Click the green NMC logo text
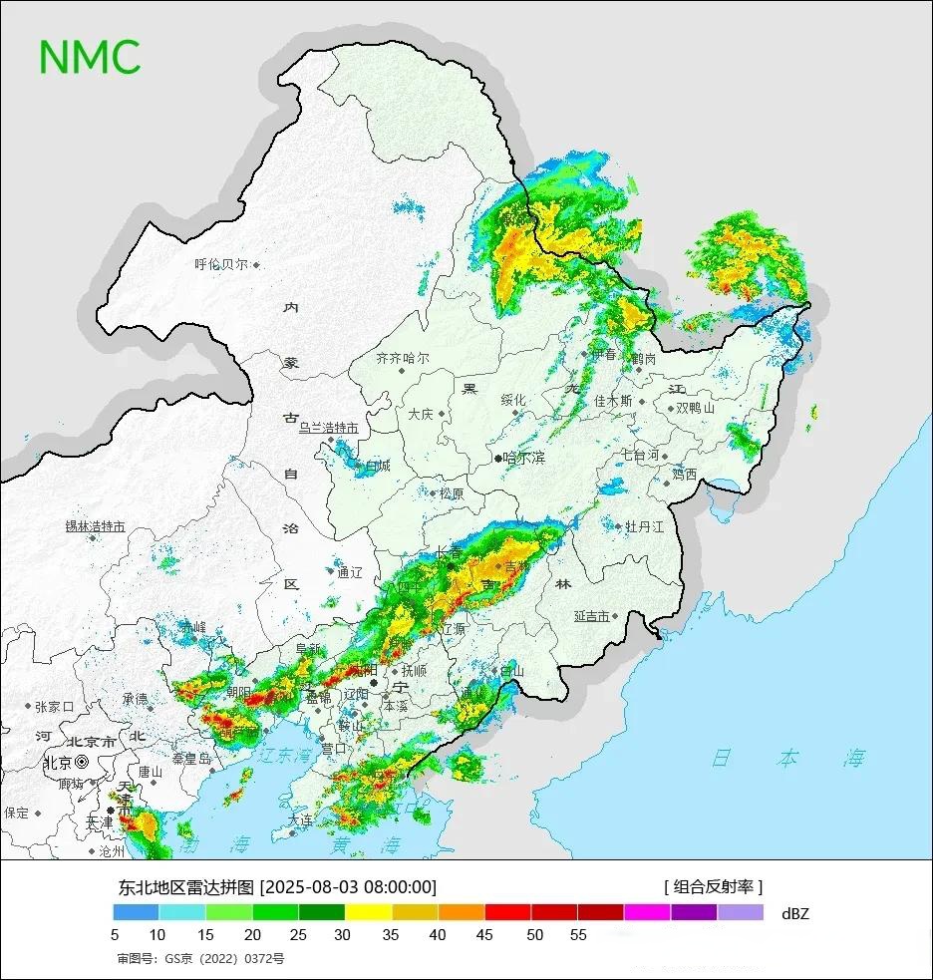click(90, 56)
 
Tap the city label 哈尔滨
click(523, 458)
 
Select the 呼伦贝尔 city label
click(220, 265)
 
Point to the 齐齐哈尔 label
click(403, 358)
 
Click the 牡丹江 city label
click(644, 526)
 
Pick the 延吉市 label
click(591, 616)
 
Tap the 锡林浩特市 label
click(95, 526)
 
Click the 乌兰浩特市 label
click(328, 428)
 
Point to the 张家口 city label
click(55, 707)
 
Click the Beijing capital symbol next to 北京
click(82, 763)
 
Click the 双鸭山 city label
click(696, 408)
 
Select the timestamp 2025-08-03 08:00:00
click(348, 887)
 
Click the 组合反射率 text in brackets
click(714, 886)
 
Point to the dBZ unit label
click(795, 912)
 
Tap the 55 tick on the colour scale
click(578, 935)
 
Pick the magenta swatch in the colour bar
click(647, 912)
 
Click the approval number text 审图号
click(200, 959)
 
